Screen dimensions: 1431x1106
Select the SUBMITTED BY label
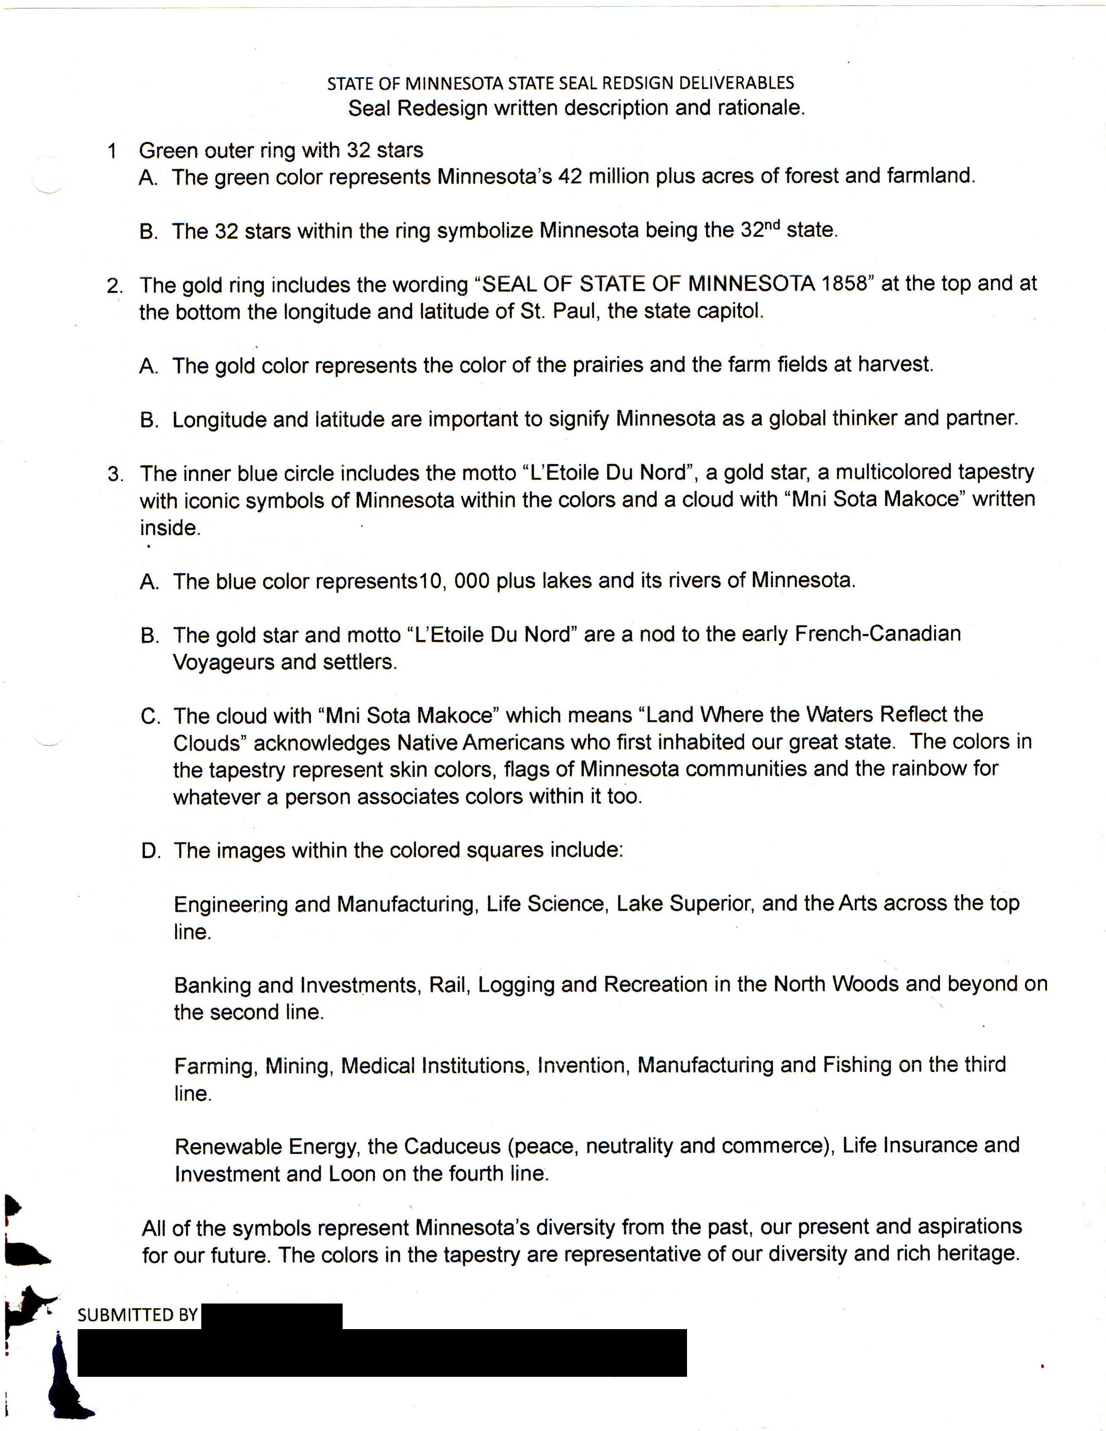[x=137, y=1315]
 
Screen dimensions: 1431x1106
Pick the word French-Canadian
[x=877, y=634]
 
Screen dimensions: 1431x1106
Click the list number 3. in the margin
[x=116, y=474]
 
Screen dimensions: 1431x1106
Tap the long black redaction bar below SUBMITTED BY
[x=382, y=1353]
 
